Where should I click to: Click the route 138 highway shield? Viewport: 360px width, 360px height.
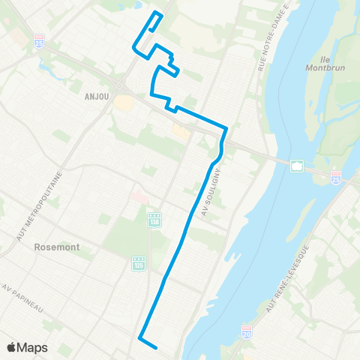point(154,216)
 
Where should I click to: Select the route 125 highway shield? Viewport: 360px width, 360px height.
point(138,264)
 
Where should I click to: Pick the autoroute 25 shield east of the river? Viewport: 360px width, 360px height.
point(335,179)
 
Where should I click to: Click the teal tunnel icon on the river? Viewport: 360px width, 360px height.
point(297,166)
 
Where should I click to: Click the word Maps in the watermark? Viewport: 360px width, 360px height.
point(33,347)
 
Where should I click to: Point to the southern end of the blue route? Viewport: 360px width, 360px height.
point(154,347)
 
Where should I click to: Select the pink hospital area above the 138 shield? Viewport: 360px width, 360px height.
point(139,197)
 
